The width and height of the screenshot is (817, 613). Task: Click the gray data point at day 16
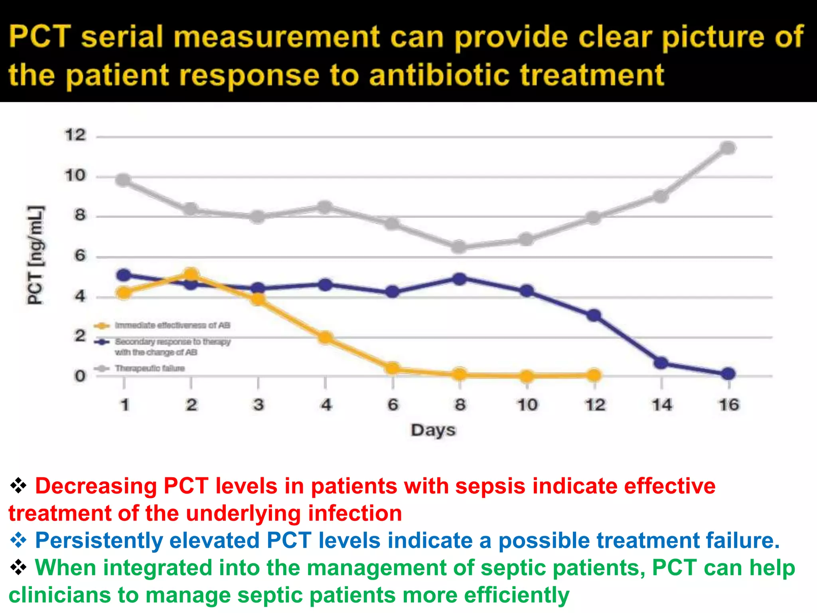[728, 148]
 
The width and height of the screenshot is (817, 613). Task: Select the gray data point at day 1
[124, 180]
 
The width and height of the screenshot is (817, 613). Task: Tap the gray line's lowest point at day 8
[460, 247]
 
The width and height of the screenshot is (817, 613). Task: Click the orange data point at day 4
[326, 338]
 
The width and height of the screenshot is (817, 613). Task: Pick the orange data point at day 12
[594, 375]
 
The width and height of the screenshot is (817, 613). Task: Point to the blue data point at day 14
[661, 363]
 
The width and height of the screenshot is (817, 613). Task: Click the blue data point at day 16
[728, 374]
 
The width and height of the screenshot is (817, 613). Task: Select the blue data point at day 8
[460, 279]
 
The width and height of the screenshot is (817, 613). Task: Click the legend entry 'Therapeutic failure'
[150, 368]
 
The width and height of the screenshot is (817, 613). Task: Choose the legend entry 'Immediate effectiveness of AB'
[172, 325]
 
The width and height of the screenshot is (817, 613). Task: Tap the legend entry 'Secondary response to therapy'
[172, 342]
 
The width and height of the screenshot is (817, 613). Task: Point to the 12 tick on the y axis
[75, 135]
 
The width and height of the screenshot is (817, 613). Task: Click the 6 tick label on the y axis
[80, 256]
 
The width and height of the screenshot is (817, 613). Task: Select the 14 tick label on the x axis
[662, 405]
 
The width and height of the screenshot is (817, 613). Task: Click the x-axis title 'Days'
[433, 431]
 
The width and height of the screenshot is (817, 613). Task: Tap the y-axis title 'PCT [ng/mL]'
[36, 255]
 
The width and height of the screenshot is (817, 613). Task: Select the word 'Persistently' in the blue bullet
[99, 541]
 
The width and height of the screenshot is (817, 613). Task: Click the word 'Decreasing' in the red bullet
[96, 486]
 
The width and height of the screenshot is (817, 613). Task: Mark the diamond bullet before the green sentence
[18, 568]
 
